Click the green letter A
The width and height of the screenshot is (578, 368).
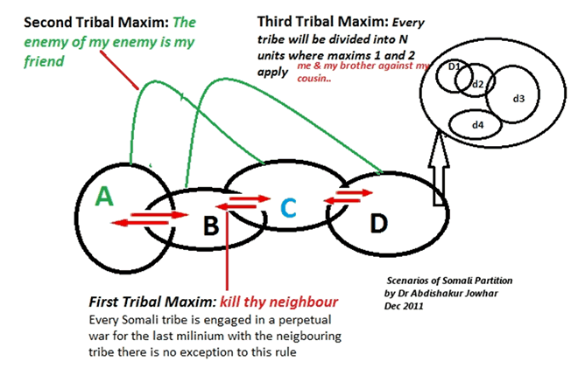(x=104, y=197)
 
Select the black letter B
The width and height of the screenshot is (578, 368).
(x=210, y=226)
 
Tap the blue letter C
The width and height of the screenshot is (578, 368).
(x=289, y=207)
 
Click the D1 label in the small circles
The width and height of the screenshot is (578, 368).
(x=455, y=66)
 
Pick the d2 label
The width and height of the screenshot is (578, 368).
(x=477, y=84)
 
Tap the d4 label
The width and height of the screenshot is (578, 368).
(x=477, y=125)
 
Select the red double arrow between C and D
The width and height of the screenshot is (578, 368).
(x=341, y=201)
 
